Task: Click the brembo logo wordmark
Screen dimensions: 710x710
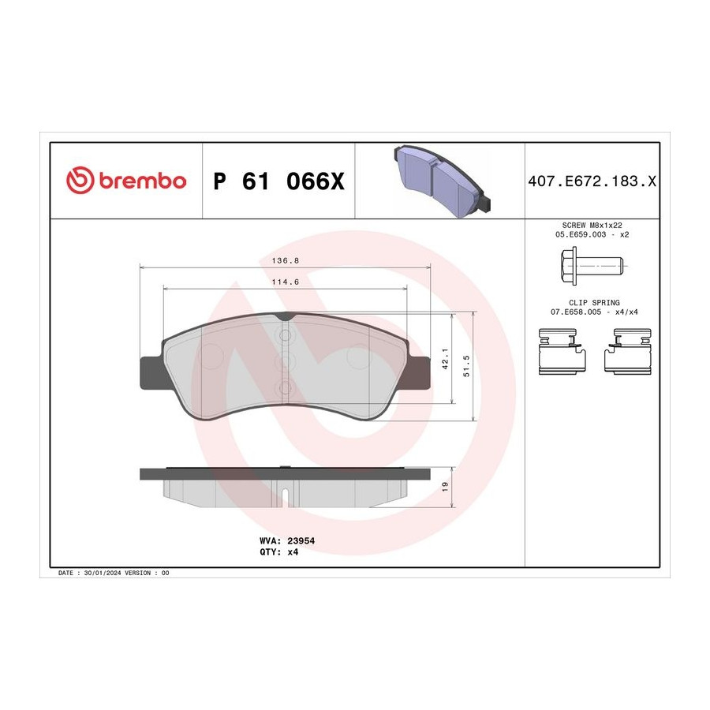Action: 143,181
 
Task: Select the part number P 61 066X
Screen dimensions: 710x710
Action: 279,181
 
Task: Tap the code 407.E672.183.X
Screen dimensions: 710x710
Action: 592,181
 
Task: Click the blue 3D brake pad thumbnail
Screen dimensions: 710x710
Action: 443,180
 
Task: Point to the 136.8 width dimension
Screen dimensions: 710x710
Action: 286,261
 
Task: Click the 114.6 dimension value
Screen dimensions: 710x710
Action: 286,282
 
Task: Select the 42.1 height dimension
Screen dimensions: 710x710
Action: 445,359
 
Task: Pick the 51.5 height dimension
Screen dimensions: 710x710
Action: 466,366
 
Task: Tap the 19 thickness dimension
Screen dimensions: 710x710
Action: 445,487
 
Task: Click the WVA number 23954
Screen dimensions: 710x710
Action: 301,540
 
